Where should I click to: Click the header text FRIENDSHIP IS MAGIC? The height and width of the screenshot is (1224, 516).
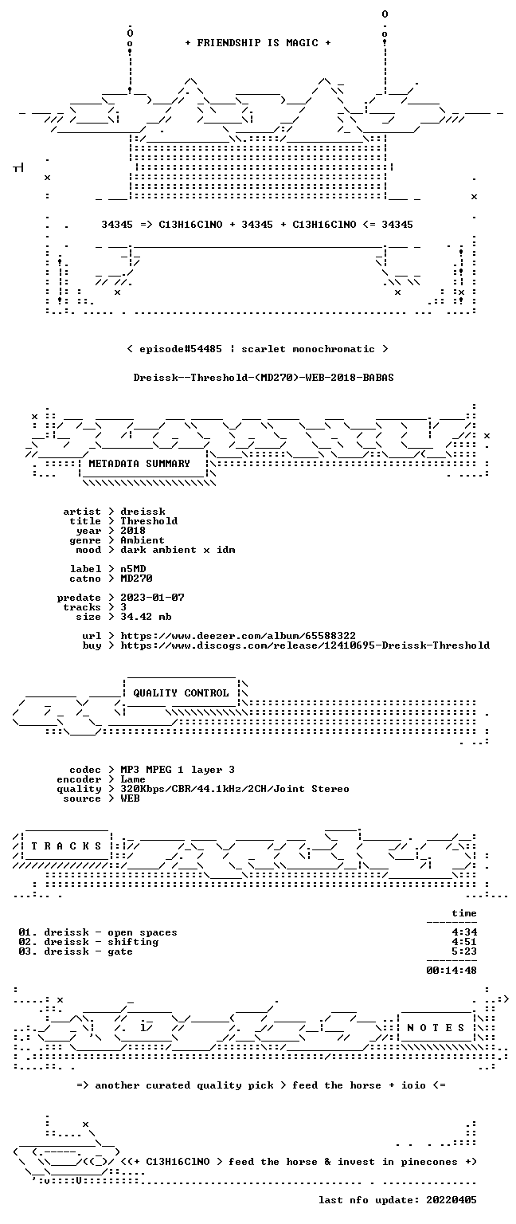click(258, 42)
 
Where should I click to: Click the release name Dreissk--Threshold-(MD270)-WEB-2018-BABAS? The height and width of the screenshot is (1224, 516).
click(264, 378)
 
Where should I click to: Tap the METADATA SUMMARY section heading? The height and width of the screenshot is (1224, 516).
click(139, 463)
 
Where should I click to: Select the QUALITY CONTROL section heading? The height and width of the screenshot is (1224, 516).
click(181, 692)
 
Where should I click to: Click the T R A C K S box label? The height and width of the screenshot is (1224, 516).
click(66, 845)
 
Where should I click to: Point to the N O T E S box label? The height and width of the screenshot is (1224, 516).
click(436, 1028)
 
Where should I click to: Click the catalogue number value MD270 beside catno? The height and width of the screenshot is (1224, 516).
click(136, 578)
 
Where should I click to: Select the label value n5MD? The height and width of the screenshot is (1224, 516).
click(133, 569)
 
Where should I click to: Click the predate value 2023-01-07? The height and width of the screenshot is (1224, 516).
click(152, 597)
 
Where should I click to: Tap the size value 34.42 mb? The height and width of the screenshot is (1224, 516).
click(146, 616)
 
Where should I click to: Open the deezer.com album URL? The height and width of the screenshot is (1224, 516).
click(238, 635)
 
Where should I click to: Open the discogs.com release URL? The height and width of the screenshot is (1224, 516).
click(305, 645)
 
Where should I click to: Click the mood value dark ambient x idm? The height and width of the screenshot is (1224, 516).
click(178, 550)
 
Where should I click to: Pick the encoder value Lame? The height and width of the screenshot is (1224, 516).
click(133, 779)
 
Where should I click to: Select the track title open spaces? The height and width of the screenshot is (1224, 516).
click(143, 932)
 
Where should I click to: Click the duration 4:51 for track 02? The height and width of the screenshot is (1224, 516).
click(464, 941)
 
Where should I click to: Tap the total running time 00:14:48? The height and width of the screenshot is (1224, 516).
click(451, 971)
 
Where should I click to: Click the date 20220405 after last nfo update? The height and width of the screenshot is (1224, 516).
click(451, 1200)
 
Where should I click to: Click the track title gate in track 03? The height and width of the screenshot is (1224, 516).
click(120, 951)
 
